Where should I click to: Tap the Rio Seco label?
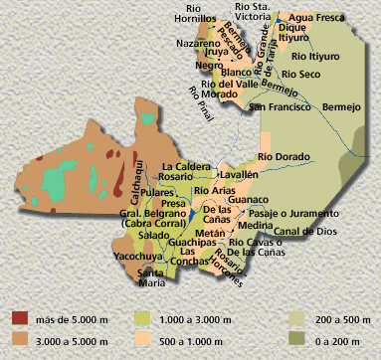point(300,74)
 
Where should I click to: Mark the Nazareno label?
point(199,46)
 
